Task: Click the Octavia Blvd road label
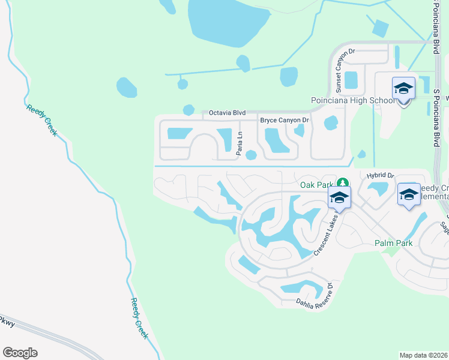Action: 228,112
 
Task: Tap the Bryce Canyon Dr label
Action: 284,121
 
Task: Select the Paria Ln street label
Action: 239,144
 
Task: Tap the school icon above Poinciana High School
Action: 403,89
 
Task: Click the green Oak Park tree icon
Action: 342,182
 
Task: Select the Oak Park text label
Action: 316,183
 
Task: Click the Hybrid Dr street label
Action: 380,175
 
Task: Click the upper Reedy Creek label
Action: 41,120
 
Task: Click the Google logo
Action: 20,353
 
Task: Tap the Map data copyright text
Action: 424,355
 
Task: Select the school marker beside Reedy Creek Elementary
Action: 409,194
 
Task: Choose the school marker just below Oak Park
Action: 339,197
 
